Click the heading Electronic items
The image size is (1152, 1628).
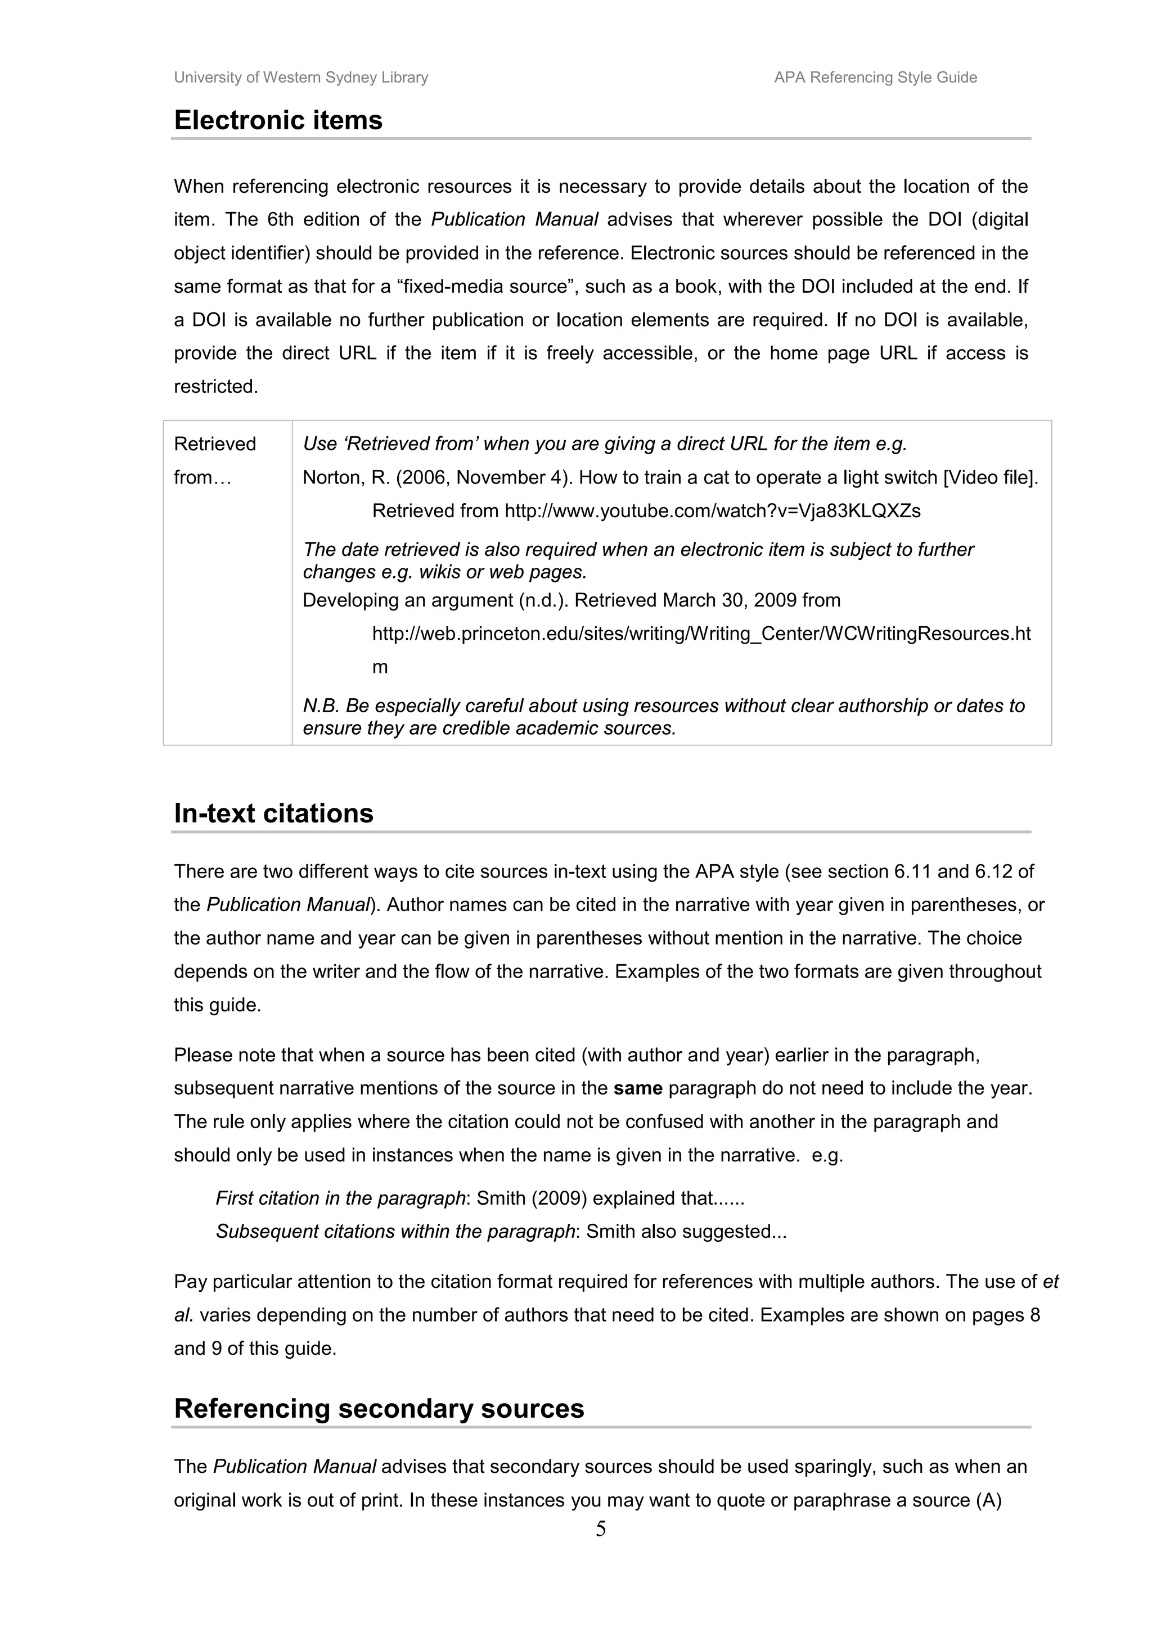pos(278,120)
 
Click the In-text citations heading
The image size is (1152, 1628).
pos(273,813)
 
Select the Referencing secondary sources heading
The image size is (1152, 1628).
pos(379,1409)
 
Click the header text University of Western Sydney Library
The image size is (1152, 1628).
pos(301,77)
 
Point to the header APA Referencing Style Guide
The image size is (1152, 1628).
pos(875,77)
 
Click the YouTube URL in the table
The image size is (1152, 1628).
pos(712,510)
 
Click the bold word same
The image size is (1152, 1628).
pos(638,1088)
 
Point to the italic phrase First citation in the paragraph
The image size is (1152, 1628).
pos(340,1199)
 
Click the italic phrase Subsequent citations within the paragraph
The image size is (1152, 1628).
pos(395,1232)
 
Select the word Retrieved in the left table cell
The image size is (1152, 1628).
pos(214,444)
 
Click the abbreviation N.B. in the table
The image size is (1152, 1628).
pos(321,706)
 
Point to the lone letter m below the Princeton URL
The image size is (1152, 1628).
pos(380,667)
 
